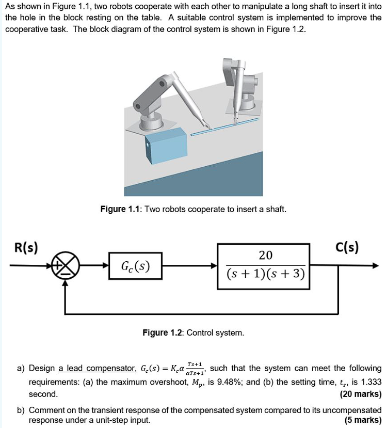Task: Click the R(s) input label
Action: pyautogui.click(x=24, y=248)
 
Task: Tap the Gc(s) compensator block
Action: pyautogui.click(x=135, y=266)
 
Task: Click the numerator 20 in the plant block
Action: pyautogui.click(x=265, y=255)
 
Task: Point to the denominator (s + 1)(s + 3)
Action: pyautogui.click(x=265, y=273)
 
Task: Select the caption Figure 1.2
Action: pyautogui.click(x=164, y=333)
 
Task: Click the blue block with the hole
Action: pyautogui.click(x=166, y=144)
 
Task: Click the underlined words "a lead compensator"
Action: pyautogui.click(x=97, y=369)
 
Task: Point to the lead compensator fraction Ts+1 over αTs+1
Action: pyautogui.click(x=195, y=368)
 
